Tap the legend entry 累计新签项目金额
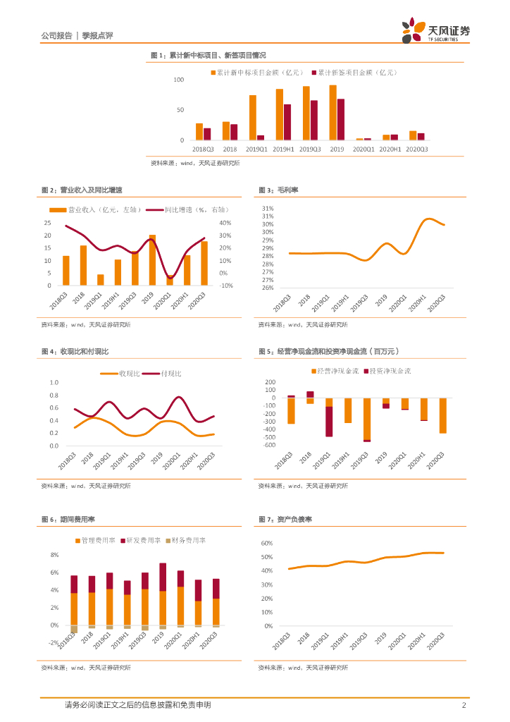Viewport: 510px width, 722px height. click(x=357, y=72)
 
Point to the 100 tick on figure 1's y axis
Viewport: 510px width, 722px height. click(x=179, y=80)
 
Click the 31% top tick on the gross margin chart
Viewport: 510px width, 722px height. click(x=268, y=209)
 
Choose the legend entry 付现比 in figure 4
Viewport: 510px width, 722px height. click(x=171, y=372)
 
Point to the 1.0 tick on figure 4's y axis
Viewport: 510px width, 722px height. click(x=54, y=383)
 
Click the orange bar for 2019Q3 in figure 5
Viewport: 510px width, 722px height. click(x=367, y=419)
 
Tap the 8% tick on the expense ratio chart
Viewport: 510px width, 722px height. click(x=54, y=554)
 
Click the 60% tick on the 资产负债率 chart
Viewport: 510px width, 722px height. click(x=267, y=544)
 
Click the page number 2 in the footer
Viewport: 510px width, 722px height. click(x=464, y=705)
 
